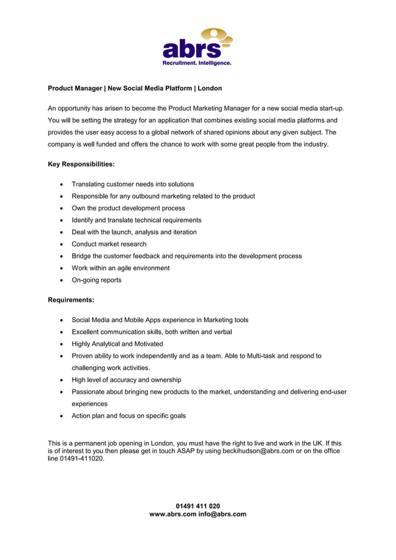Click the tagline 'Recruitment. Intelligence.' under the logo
197,63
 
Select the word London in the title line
209,89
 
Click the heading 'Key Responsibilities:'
81,165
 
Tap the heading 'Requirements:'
71,300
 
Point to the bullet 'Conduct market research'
109,244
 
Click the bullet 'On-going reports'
97,280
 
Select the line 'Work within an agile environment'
120,268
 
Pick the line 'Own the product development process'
128,208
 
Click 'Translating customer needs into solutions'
133,184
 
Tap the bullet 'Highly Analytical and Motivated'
117,344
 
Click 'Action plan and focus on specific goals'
128,416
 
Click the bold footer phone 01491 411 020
198,506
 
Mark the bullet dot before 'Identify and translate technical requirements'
61,220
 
